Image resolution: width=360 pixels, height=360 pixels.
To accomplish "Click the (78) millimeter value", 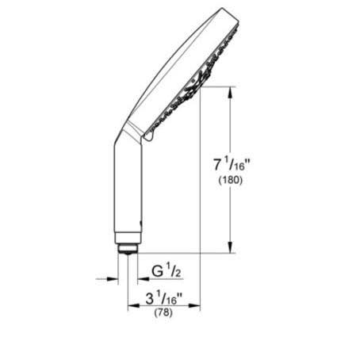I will (165, 315).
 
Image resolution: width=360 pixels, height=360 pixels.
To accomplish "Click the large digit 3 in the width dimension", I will (150, 301).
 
